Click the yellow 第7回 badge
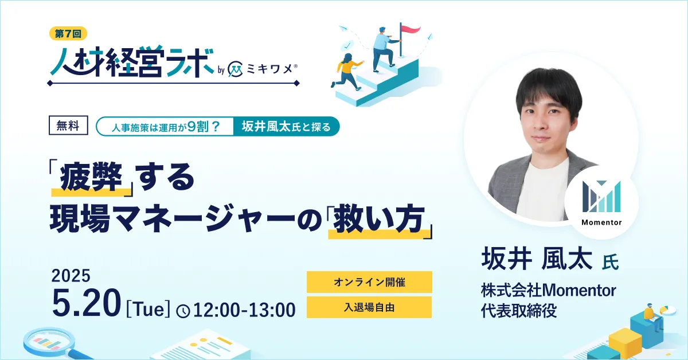click(68, 33)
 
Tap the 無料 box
click(68, 126)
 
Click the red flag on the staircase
click(410, 29)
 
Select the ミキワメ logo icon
click(236, 71)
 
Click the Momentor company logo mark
click(601, 197)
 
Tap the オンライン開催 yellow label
click(369, 282)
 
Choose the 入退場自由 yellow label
click(369, 307)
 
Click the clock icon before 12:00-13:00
click(183, 311)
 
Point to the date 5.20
click(87, 304)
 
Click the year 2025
click(71, 276)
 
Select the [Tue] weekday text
click(148, 309)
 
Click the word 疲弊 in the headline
click(91, 178)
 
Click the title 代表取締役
click(519, 311)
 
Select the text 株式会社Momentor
click(549, 290)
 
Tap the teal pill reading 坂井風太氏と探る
click(286, 126)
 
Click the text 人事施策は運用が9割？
click(166, 127)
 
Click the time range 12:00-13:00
click(244, 310)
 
